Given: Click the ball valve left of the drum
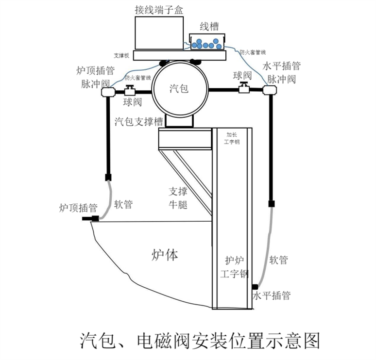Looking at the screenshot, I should click(x=130, y=90).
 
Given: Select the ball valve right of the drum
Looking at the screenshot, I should click(x=244, y=87).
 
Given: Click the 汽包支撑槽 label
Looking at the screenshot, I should click(x=137, y=121).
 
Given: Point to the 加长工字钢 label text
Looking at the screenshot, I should click(x=232, y=138).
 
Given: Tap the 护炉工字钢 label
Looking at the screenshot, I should click(x=233, y=266).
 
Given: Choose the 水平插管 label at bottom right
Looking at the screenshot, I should click(x=271, y=295).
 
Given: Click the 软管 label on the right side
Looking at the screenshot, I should click(x=279, y=261).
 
